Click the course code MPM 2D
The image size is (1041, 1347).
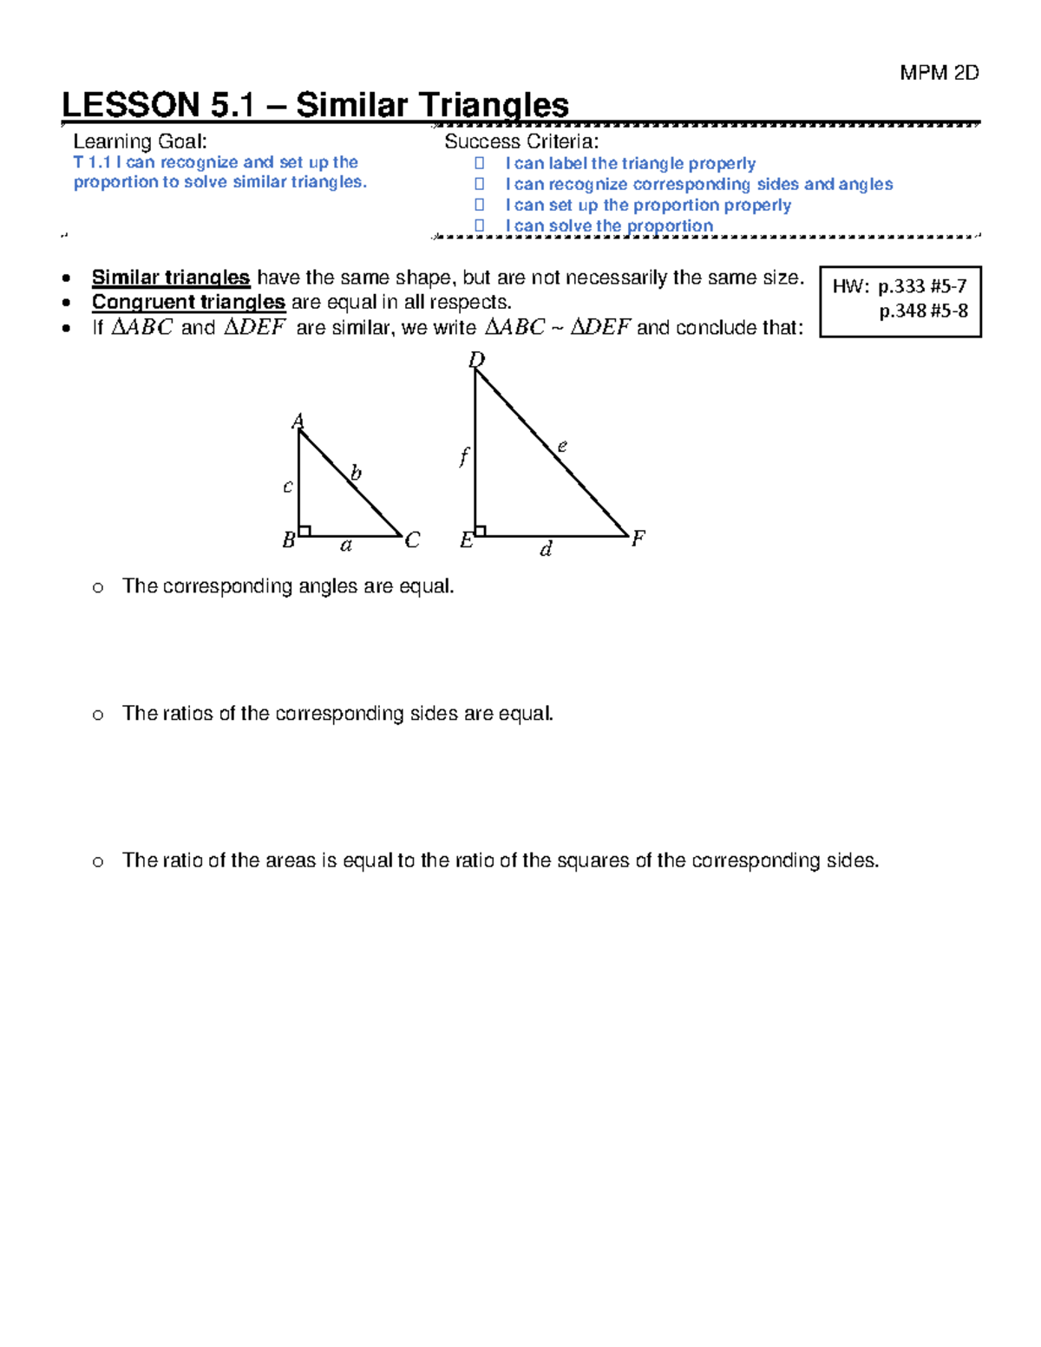pyautogui.click(x=939, y=73)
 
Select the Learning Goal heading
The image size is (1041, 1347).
pyautogui.click(x=140, y=141)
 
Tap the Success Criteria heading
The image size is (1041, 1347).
pyautogui.click(x=520, y=141)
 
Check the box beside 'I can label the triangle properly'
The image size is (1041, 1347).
pyautogui.click(x=479, y=163)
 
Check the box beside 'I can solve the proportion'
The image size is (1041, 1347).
pyautogui.click(x=479, y=226)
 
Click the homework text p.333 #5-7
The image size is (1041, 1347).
pyautogui.click(x=922, y=286)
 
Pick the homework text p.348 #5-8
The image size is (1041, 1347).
pyautogui.click(x=923, y=311)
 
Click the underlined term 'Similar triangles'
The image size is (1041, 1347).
pyautogui.click(x=171, y=278)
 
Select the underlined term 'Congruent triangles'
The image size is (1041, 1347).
pyautogui.click(x=188, y=302)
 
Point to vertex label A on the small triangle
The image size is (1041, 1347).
pyautogui.click(x=298, y=422)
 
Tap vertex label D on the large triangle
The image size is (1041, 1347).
pyautogui.click(x=476, y=359)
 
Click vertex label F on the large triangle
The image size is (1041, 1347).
pyautogui.click(x=638, y=539)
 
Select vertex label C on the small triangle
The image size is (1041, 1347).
pyautogui.click(x=412, y=540)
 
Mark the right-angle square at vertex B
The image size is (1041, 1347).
pyautogui.click(x=304, y=530)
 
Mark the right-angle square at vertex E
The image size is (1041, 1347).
pyautogui.click(x=481, y=530)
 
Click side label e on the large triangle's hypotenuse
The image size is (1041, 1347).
pyautogui.click(x=562, y=446)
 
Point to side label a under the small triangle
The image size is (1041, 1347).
pyautogui.click(x=346, y=546)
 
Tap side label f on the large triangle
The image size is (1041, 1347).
pyautogui.click(x=464, y=456)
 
